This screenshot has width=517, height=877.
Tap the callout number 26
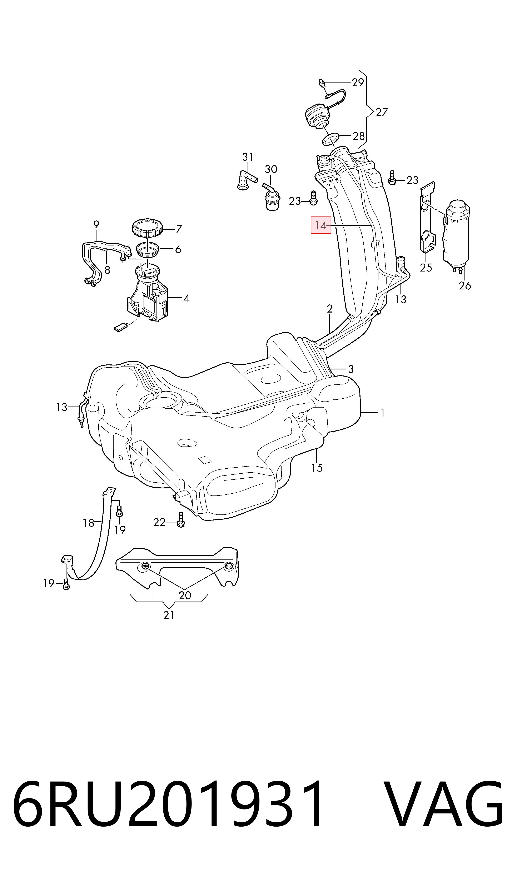coord(465,286)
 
